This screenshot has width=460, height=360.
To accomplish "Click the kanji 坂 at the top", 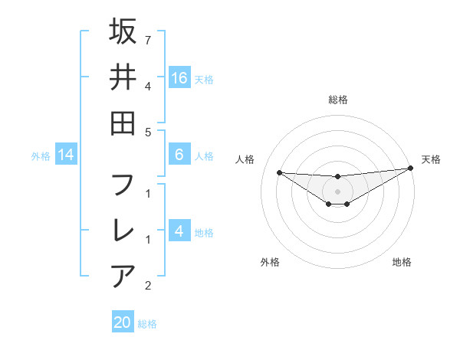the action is (123, 31).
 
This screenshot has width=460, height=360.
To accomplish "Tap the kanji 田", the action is (123, 122).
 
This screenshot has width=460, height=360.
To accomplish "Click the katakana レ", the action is (123, 231).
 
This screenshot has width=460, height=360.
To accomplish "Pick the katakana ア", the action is (123, 276).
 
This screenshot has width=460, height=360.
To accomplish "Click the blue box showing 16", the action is (179, 77).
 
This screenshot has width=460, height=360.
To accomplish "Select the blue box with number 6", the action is (179, 155).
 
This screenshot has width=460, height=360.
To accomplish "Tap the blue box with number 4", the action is (179, 231).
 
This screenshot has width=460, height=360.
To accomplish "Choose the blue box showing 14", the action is (66, 155).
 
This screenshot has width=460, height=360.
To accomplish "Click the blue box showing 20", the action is (123, 322).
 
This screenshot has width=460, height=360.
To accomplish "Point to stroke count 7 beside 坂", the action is (147, 39).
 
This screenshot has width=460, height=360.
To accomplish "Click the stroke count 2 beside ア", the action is (147, 286).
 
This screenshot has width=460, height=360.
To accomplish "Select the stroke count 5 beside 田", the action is (147, 132).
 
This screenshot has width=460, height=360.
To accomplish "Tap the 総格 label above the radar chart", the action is (337, 100).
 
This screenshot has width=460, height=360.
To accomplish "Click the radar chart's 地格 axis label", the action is (402, 262).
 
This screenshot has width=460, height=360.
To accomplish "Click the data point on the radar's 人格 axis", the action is (279, 172).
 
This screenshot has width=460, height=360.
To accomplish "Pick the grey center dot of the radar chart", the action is (337, 191).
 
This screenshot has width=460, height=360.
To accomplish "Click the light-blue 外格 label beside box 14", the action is (41, 156).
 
